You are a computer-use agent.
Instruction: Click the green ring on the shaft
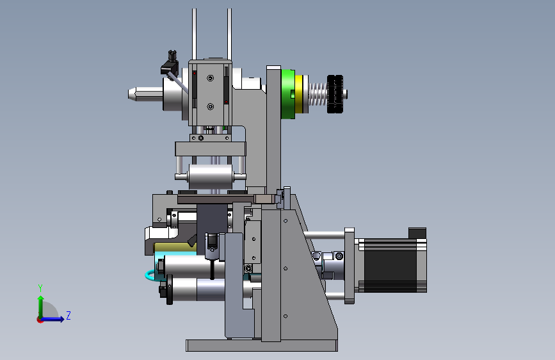tap(288, 94)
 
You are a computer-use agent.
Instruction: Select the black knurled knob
tap(335, 94)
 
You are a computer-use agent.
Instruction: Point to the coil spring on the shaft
tap(318, 95)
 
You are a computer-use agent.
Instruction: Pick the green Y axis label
tap(40, 288)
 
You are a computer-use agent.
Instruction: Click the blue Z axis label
tap(68, 315)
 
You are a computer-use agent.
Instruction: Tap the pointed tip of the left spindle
tap(129, 94)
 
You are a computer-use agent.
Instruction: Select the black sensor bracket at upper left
tap(170, 63)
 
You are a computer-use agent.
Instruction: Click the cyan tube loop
tap(150, 276)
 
